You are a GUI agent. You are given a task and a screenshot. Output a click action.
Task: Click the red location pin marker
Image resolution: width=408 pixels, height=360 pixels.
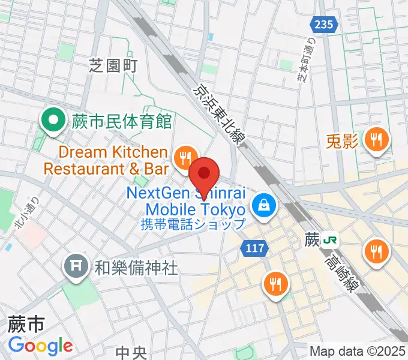[205, 174]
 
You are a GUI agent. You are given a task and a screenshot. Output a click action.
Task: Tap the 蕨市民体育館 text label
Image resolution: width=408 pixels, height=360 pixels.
[122, 122]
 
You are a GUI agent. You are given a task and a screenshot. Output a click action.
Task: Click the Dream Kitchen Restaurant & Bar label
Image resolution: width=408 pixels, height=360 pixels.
[105, 160]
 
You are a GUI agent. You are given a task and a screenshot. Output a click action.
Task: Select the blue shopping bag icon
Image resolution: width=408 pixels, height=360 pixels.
[263, 206]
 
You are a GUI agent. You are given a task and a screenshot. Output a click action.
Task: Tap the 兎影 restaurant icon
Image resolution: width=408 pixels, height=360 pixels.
[376, 141]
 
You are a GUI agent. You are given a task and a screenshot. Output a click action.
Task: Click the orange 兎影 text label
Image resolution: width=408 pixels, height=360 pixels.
[342, 142]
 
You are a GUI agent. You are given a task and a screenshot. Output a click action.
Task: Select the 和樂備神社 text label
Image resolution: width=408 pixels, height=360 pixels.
[136, 268]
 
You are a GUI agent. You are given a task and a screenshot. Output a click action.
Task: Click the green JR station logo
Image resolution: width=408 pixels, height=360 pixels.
[329, 240]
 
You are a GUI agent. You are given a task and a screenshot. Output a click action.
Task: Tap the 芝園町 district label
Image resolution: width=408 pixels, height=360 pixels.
[113, 64]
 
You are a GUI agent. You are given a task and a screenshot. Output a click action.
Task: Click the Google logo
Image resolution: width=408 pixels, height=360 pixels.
[40, 346]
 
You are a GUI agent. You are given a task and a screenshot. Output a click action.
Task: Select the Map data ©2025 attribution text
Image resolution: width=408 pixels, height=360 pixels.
[358, 351]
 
